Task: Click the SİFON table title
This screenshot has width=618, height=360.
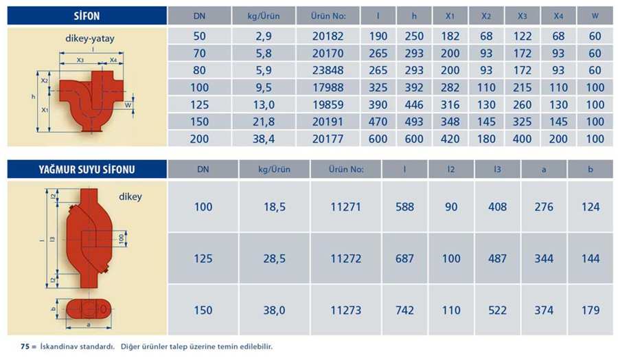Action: pos(87,15)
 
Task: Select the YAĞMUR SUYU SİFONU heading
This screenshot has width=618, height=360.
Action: pos(87,169)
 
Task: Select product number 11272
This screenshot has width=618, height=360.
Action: pos(345,259)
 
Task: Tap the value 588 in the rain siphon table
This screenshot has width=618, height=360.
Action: pos(405,207)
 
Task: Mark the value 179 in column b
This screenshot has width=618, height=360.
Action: pos(590,311)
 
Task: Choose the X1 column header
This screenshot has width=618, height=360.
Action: pos(450,15)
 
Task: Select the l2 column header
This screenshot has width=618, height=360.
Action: pos(451,169)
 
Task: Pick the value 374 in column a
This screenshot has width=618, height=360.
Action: pos(544,311)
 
